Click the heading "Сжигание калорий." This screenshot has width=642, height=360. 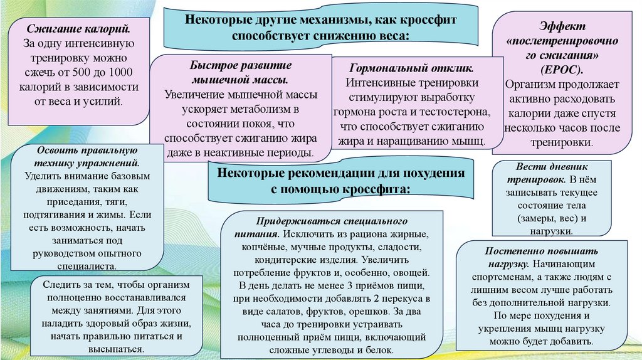click(78, 29)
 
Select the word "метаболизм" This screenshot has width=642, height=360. click(262, 109)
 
